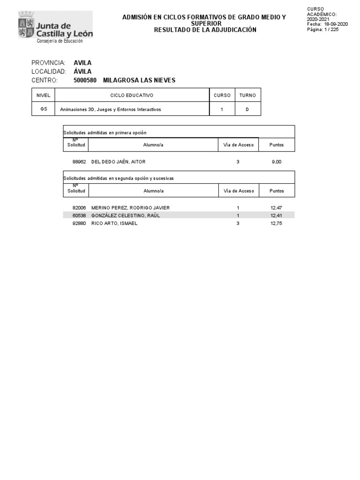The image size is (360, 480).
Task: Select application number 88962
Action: pos(79,162)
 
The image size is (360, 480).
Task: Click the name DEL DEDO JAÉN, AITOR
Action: pos(119,162)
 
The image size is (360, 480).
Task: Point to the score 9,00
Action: pos(277,162)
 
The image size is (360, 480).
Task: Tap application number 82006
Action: pos(79,208)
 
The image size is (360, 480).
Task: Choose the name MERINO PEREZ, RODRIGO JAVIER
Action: pos(130,208)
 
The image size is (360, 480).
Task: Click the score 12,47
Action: pos(277,208)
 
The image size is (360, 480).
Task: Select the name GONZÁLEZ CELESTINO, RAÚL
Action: pos(126,216)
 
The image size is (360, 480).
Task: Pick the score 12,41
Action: pos(277,216)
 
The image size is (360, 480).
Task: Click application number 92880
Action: pos(79,224)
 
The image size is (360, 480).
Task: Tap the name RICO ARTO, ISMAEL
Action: pos(114,224)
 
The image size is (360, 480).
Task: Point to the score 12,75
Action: pos(277,224)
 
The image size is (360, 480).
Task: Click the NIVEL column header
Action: pos(43,95)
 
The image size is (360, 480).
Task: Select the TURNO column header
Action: pos(247,95)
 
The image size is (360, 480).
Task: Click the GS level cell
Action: pos(43,109)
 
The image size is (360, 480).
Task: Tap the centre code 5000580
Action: pos(85,80)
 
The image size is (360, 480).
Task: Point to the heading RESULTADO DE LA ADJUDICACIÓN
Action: pos(205,30)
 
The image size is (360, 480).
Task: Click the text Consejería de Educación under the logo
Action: pos(60,41)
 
